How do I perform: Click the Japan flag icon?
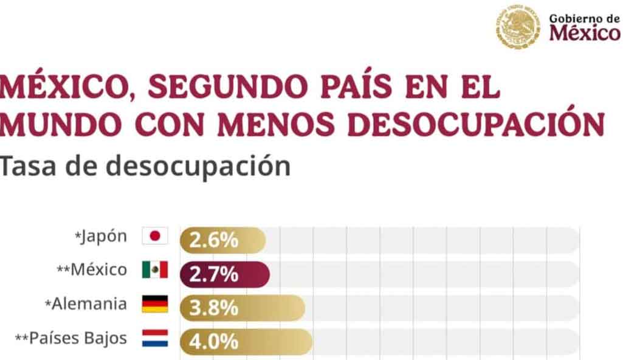[x=155, y=236]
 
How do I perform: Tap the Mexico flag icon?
[x=155, y=270]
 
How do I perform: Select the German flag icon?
[x=155, y=304]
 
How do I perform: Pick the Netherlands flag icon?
[x=155, y=339]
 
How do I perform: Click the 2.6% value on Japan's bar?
[x=214, y=240]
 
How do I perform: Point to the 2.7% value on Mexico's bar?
[x=214, y=274]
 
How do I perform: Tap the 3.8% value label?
[x=214, y=308]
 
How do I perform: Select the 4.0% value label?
[x=214, y=342]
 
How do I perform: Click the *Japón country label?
[x=101, y=237]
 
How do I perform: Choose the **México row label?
[x=92, y=270]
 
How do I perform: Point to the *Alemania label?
[x=86, y=304]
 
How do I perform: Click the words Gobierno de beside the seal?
[x=584, y=18]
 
